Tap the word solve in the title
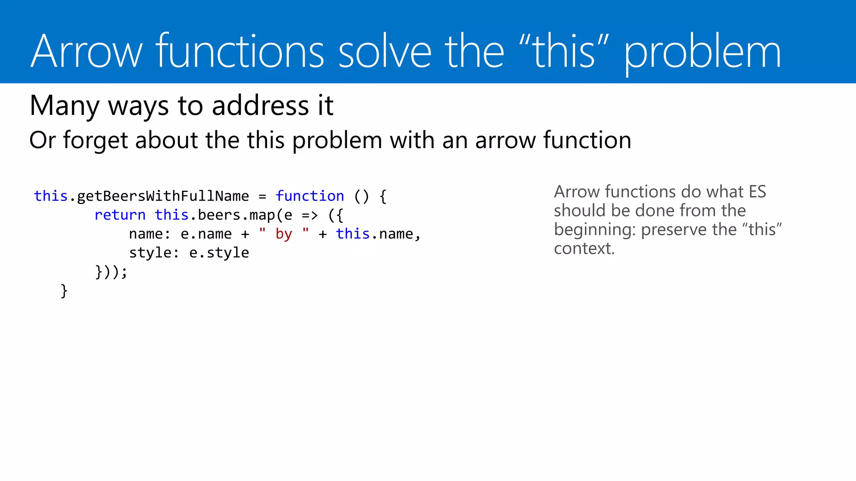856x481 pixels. (x=385, y=52)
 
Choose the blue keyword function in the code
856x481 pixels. (x=310, y=196)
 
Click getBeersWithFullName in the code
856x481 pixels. (x=163, y=196)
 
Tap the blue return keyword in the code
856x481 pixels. (x=120, y=215)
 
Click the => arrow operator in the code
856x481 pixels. (x=310, y=215)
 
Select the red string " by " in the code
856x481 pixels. (x=284, y=234)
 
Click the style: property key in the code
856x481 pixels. (x=154, y=253)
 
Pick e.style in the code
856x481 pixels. (x=219, y=253)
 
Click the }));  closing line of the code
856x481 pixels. (x=111, y=272)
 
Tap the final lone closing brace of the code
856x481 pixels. (x=64, y=291)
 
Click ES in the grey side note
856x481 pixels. (x=757, y=192)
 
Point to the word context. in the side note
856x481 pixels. (x=584, y=249)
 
